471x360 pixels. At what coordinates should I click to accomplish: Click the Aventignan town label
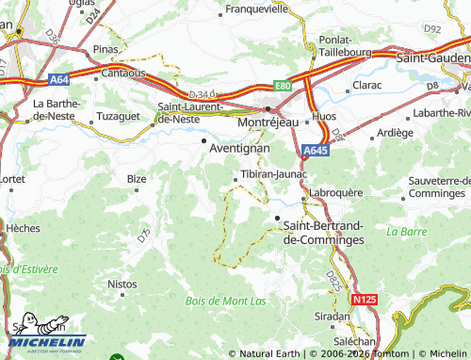click(x=238, y=149)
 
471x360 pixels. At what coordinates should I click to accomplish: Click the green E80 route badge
click(x=284, y=84)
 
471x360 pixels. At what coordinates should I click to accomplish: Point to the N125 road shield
click(x=365, y=299)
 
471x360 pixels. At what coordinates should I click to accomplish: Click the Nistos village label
click(x=122, y=283)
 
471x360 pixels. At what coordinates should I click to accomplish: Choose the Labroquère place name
click(x=336, y=192)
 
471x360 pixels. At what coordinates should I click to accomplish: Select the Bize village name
click(x=138, y=177)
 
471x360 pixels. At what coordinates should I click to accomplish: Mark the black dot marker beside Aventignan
click(x=205, y=141)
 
